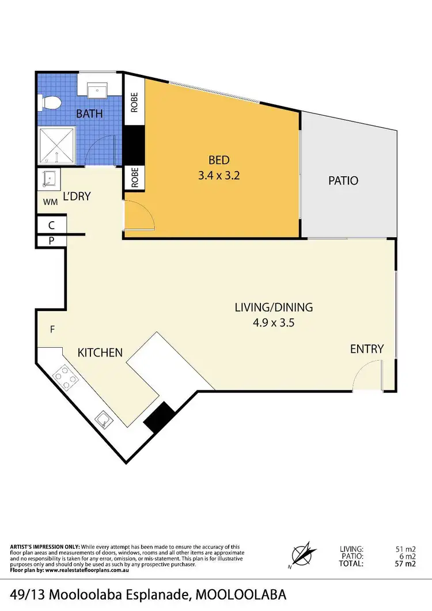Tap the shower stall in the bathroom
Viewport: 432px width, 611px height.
coord(57,147)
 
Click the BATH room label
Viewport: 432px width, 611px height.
coord(89,113)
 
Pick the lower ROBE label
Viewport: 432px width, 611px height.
coord(134,178)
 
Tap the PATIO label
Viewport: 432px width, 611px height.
coord(343,180)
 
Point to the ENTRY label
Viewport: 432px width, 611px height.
coord(367,349)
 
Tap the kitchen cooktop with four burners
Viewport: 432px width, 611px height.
coord(66,379)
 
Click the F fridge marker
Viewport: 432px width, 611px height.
coord(52,329)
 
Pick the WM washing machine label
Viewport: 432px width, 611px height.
coord(50,202)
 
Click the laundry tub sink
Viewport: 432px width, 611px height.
coord(50,179)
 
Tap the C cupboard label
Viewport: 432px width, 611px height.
coord(51,225)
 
